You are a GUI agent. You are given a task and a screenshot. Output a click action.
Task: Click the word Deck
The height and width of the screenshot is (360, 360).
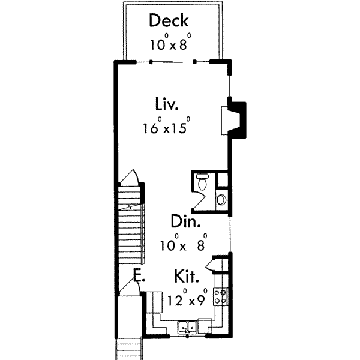tap(169, 21)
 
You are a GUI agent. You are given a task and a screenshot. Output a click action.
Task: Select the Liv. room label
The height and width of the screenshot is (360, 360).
tap(166, 105)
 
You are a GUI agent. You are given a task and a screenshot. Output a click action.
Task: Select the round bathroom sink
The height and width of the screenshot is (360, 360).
tap(221, 199)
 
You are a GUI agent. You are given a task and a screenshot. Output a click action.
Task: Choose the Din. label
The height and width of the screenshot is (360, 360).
tap(185, 221)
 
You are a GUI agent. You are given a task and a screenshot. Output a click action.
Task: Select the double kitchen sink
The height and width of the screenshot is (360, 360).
tap(189, 327)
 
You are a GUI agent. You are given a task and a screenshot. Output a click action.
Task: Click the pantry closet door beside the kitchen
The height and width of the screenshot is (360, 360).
tap(215, 263)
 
